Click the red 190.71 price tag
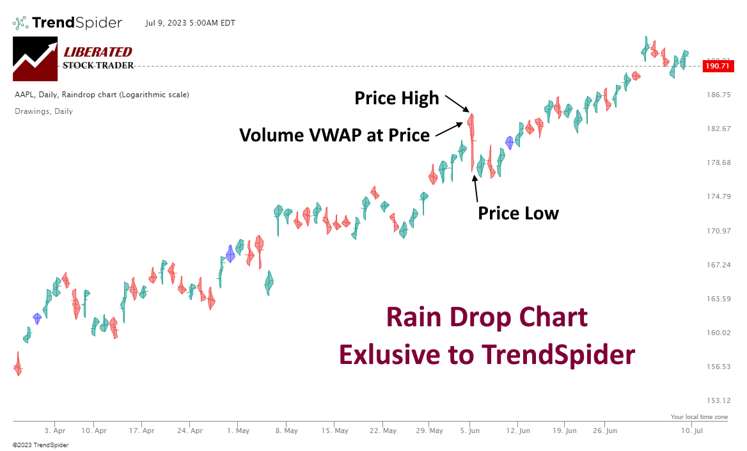(717, 65)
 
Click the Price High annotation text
(397, 98)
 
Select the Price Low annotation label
(518, 213)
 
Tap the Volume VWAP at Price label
(334, 135)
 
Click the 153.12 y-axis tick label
(717, 400)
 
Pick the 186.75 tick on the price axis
(717, 95)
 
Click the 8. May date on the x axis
(286, 431)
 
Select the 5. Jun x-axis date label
(469, 431)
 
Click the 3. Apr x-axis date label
(55, 431)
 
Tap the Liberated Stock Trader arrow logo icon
(35, 59)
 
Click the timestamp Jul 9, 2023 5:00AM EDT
(190, 23)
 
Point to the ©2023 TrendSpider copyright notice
(40, 445)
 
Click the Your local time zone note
(699, 416)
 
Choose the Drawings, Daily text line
(43, 111)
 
